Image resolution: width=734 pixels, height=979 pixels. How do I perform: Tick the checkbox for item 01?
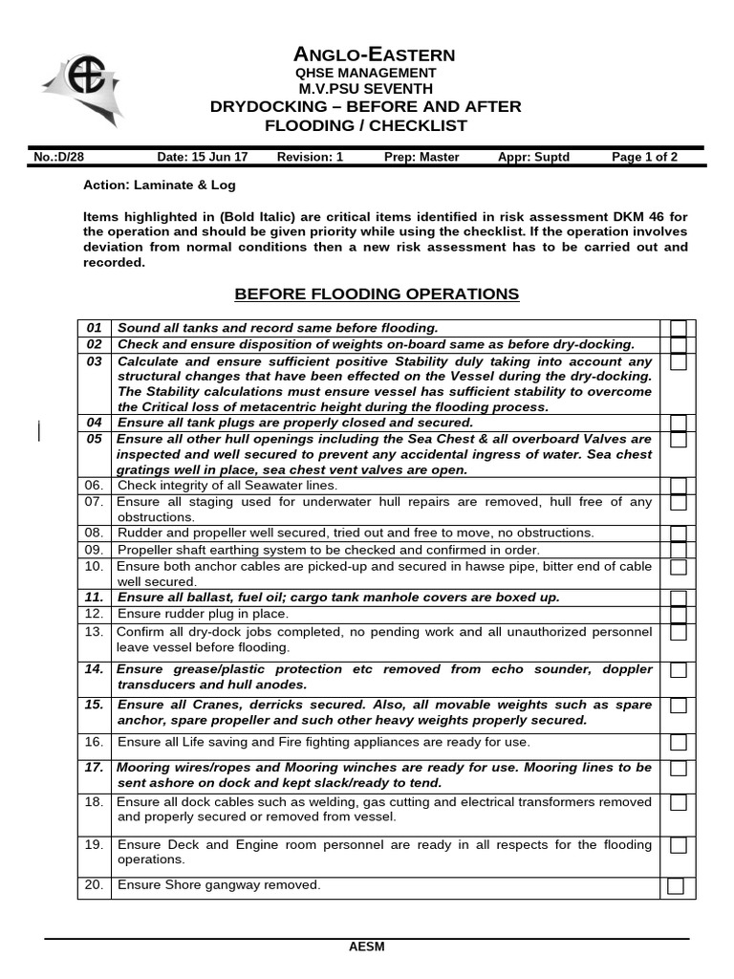click(x=678, y=328)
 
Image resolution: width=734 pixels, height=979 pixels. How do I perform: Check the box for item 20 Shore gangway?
click(x=676, y=886)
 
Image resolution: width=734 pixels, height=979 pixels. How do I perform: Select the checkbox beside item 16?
click(x=678, y=743)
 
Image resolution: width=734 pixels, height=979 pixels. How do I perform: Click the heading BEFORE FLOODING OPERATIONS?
click(x=377, y=294)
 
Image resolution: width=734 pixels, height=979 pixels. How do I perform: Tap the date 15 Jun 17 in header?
click(x=202, y=158)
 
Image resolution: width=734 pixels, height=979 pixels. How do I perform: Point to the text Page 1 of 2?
click(x=645, y=158)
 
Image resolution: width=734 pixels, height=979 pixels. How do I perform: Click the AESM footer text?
click(x=367, y=947)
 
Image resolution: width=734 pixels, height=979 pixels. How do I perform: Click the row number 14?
click(x=94, y=669)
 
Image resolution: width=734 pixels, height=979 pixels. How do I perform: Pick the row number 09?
click(x=94, y=550)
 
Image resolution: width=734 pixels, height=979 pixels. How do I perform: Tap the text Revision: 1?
click(x=310, y=158)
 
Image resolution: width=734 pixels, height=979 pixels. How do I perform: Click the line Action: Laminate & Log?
click(x=160, y=185)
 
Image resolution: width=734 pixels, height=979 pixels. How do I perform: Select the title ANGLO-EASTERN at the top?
click(x=374, y=54)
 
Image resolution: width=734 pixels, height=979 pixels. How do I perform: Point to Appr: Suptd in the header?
click(x=533, y=158)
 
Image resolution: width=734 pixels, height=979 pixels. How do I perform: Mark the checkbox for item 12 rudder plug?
click(x=678, y=615)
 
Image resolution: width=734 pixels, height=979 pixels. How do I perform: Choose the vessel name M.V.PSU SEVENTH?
click(x=366, y=89)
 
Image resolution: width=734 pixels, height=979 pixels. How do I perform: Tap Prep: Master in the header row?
click(x=421, y=158)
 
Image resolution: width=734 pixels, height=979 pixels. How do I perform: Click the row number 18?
click(x=94, y=802)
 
